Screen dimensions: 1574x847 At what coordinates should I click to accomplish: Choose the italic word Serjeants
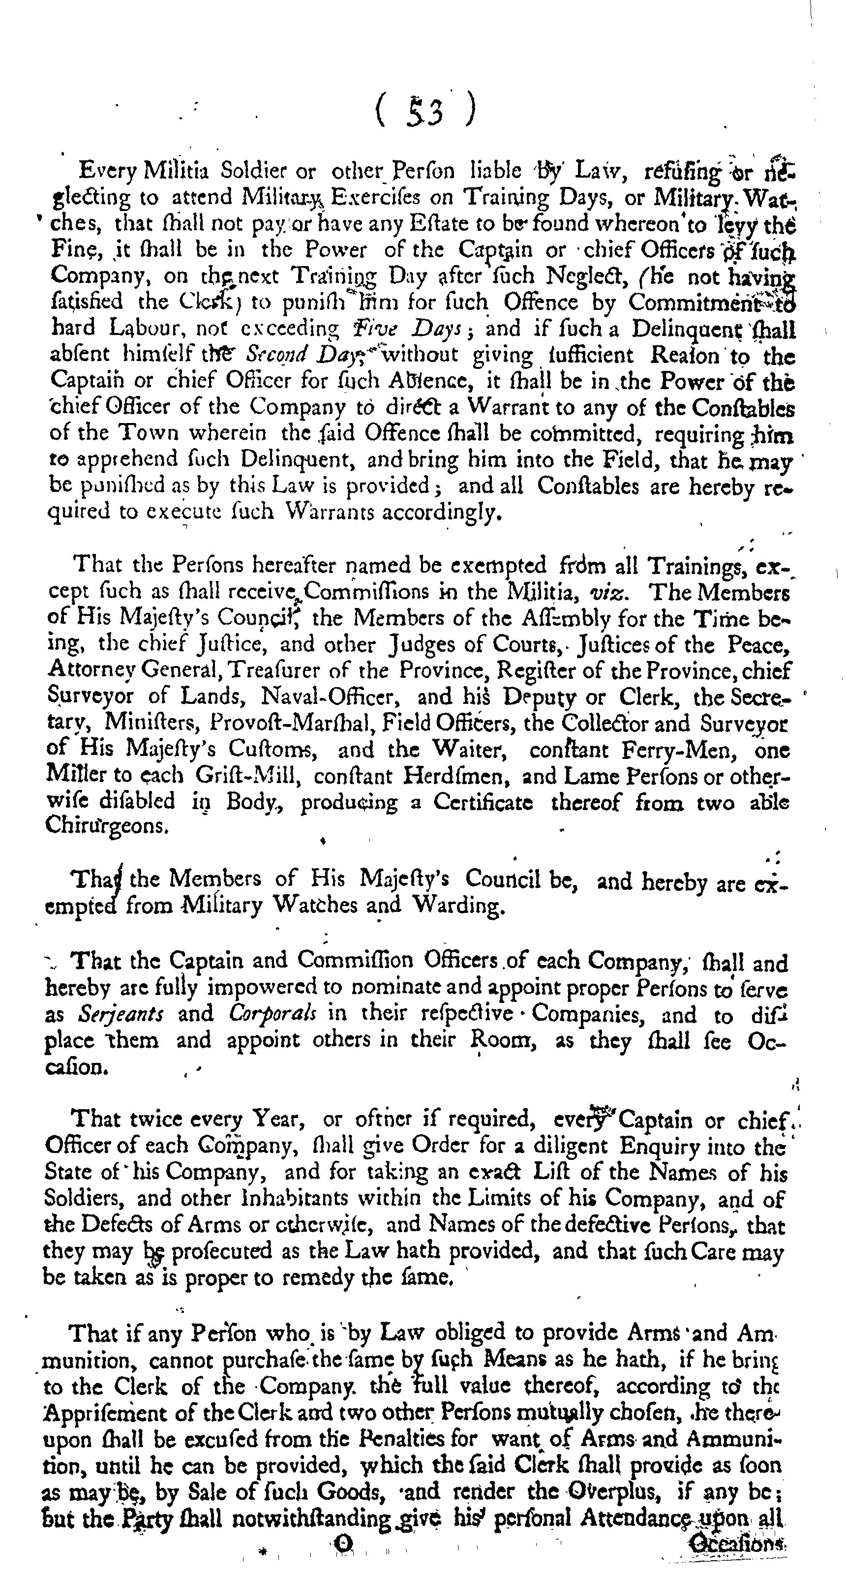point(121,1014)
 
